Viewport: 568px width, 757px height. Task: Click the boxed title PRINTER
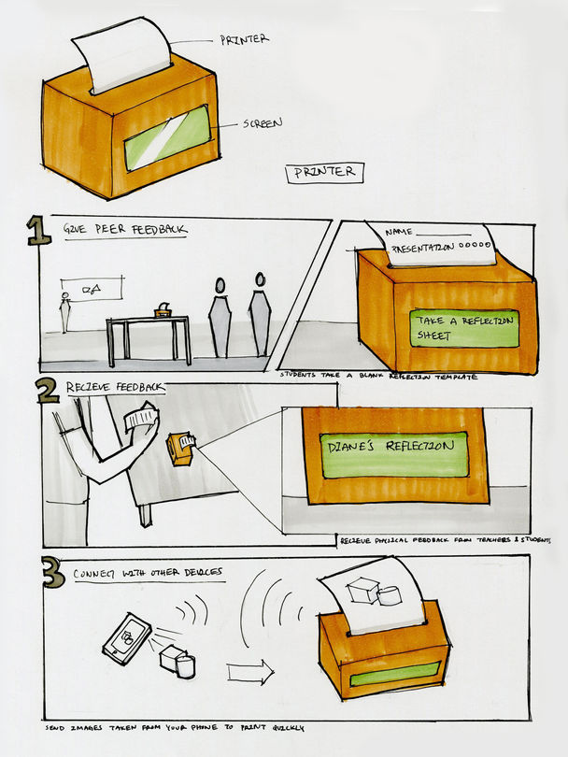click(324, 172)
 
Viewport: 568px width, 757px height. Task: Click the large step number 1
click(38, 231)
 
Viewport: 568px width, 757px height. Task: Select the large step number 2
click(48, 390)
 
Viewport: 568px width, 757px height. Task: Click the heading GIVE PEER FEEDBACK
click(123, 228)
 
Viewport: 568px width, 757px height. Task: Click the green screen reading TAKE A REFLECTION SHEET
click(462, 328)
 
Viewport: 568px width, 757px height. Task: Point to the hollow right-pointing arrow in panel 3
click(250, 671)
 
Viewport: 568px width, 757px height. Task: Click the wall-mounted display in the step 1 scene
click(91, 291)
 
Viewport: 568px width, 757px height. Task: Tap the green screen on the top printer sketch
click(167, 137)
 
